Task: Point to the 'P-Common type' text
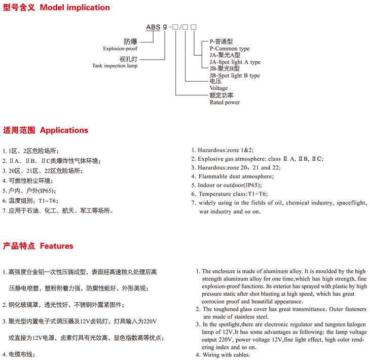pos(230,49)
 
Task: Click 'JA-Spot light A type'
pos(235,62)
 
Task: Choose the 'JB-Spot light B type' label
pos(235,76)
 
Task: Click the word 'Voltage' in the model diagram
pos(219,88)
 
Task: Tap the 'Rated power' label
pos(225,102)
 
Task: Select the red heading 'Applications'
pos(64,130)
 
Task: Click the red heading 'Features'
pos(56,246)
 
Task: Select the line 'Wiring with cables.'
pos(226,355)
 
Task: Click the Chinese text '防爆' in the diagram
pos(130,42)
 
